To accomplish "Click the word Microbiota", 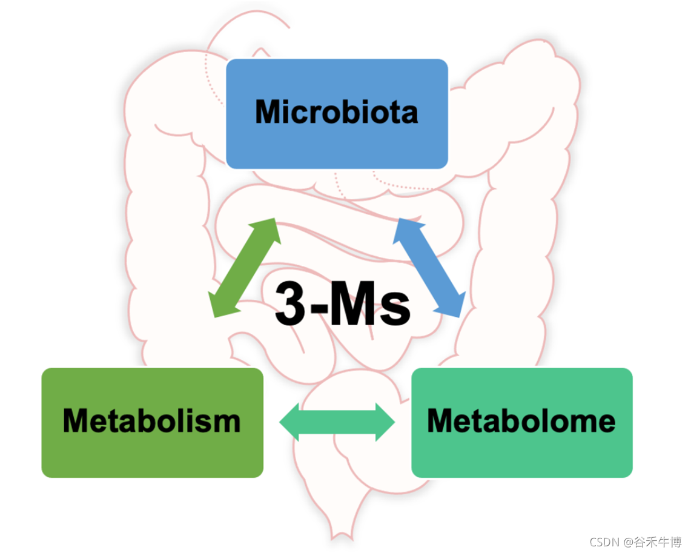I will [336, 112].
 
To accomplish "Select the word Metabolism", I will [151, 420].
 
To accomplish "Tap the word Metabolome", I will [521, 420].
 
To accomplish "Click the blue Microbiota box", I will [337, 145].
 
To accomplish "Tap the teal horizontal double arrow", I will [337, 422].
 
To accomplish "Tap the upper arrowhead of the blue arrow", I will [405, 229].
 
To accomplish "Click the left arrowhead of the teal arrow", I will [289, 422].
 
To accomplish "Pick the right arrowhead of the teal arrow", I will [385, 422].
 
